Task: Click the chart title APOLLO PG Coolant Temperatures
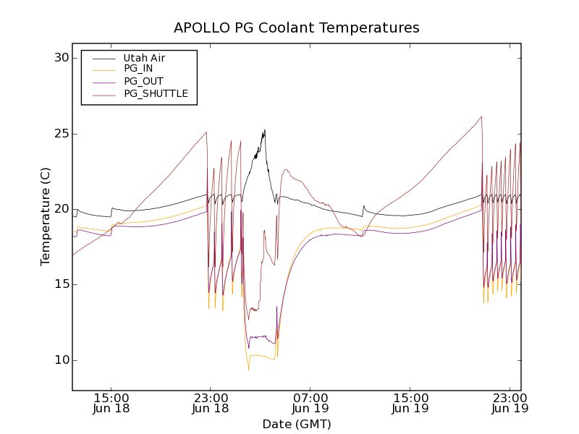click(x=297, y=28)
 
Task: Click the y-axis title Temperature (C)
click(x=46, y=216)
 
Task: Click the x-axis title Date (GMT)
click(x=297, y=424)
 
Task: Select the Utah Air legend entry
click(x=144, y=58)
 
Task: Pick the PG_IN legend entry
click(x=138, y=69)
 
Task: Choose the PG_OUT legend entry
click(x=143, y=81)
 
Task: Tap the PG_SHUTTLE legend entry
click(x=156, y=93)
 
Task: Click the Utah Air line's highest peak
click(x=264, y=130)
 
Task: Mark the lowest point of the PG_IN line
click(x=248, y=370)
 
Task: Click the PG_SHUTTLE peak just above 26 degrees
click(x=481, y=116)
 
